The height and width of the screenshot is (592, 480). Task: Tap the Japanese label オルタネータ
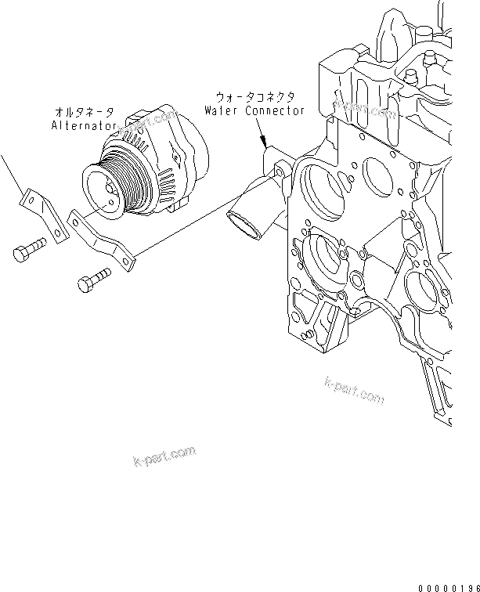(86, 111)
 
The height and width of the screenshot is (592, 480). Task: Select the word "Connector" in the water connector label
(274, 111)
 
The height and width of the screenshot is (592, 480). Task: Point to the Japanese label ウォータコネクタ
(255, 96)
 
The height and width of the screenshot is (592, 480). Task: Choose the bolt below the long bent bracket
(96, 280)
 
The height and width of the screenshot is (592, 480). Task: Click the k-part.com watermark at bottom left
(164, 456)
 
